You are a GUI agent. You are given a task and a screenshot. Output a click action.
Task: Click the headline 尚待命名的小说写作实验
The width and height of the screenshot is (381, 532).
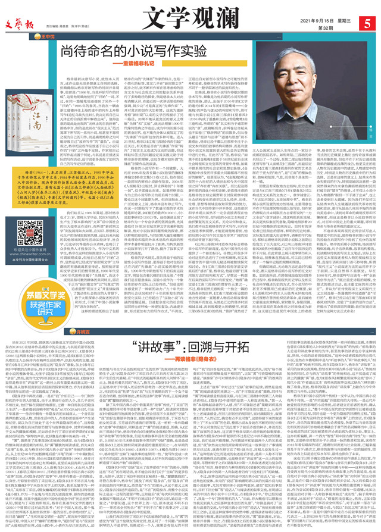(x=126, y=51)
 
